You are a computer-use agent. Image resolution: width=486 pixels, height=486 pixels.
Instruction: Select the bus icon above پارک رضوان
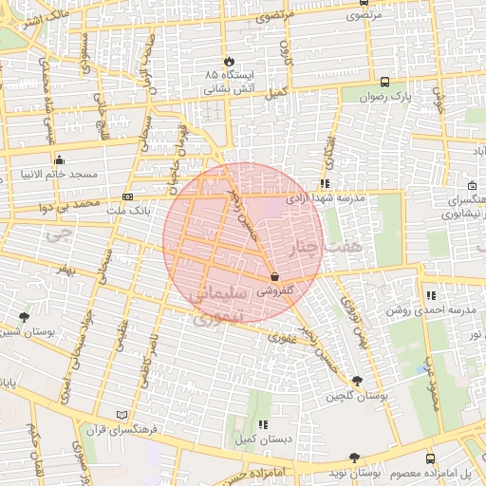tap(384, 82)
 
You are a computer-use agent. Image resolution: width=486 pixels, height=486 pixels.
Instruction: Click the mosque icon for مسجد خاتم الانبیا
tap(60, 159)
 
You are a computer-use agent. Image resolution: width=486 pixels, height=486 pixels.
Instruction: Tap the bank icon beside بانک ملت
tap(128, 197)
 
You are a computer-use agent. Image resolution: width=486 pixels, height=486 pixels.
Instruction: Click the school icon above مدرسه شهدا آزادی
tap(324, 183)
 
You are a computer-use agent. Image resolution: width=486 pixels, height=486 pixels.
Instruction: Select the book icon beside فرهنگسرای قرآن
tap(120, 415)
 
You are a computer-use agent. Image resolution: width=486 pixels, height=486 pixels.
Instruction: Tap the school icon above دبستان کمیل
tap(263, 424)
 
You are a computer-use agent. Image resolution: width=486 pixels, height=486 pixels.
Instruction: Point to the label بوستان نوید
tap(358, 472)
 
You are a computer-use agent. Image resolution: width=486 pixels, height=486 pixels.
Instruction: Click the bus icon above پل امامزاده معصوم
tap(430, 458)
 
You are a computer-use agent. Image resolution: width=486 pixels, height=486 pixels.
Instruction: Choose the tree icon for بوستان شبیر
tap(24, 317)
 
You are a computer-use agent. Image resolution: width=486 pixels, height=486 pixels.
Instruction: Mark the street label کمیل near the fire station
tap(275, 92)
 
